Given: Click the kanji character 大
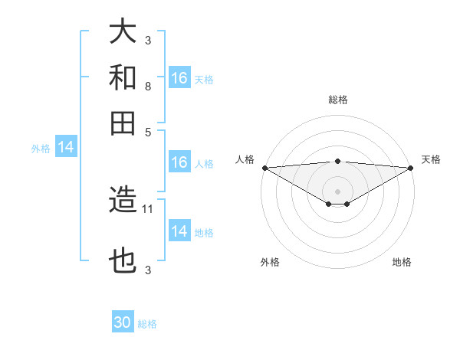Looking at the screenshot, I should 123,32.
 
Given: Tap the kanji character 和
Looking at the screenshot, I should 123,77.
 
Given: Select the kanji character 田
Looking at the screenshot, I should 123,123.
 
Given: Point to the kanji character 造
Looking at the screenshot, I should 123,201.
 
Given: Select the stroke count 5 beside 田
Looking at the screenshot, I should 148,131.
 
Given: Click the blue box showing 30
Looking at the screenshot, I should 123,322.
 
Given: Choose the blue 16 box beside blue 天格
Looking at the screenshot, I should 179,78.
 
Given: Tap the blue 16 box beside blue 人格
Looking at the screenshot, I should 179,162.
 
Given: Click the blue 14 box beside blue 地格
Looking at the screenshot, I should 179,231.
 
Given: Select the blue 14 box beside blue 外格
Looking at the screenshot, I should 65,148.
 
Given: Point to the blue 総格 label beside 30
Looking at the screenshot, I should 147,324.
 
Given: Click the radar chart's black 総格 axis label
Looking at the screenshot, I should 337,100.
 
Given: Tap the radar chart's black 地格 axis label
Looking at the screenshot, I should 402,262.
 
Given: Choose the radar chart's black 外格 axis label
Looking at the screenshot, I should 270,262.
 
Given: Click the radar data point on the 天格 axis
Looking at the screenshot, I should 411,168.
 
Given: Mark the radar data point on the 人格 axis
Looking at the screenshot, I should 264,168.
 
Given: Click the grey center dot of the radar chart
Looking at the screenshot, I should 337,191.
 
